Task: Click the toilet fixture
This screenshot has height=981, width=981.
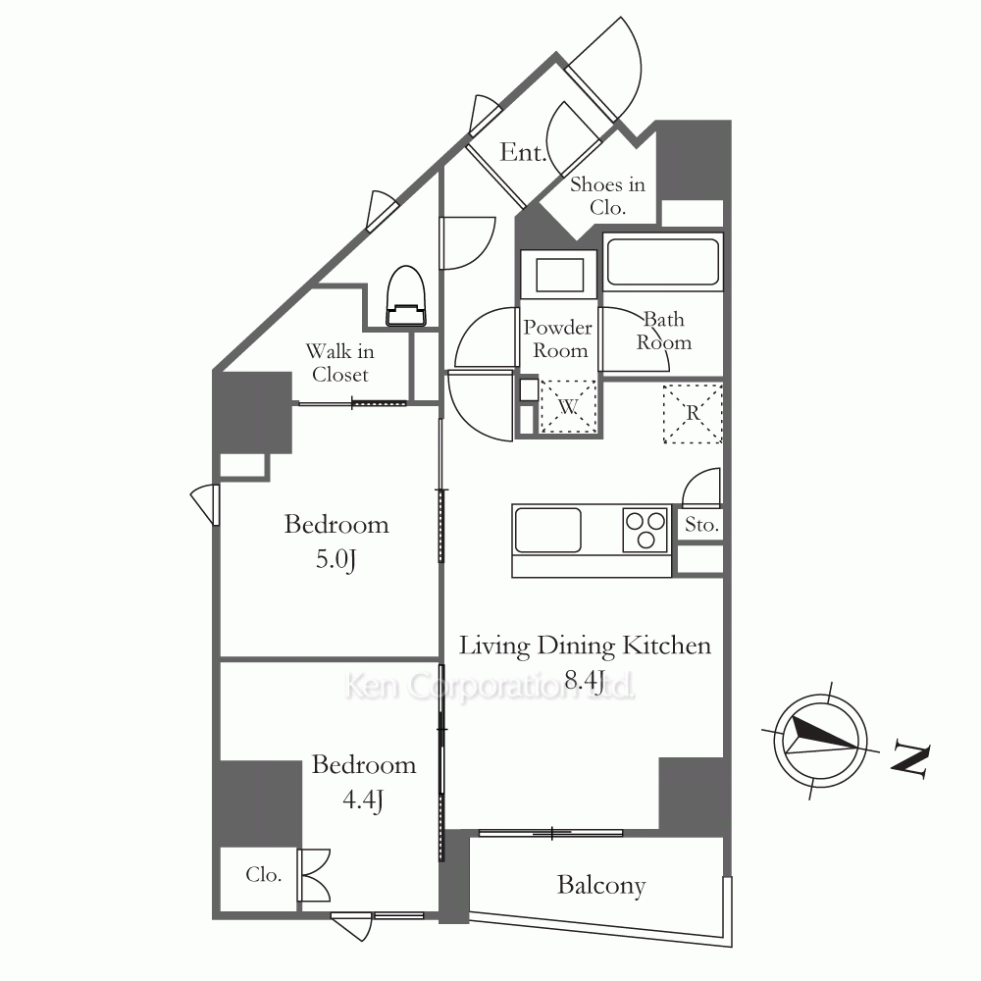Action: (x=406, y=296)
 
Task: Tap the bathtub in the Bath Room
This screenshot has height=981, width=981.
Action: (x=663, y=262)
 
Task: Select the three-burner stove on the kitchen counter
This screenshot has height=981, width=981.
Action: (x=645, y=530)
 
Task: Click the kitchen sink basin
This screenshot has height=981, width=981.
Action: (x=547, y=530)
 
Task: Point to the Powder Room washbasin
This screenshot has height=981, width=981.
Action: (x=559, y=275)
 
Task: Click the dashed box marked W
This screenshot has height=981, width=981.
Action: (x=568, y=407)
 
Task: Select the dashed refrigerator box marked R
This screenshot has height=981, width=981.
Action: (x=693, y=414)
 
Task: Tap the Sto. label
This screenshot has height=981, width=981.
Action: (x=701, y=524)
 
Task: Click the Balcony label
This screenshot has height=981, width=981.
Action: (x=601, y=886)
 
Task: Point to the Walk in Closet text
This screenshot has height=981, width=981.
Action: (x=340, y=363)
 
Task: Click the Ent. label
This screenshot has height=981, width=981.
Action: (x=523, y=152)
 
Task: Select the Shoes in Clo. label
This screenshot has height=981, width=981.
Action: (x=607, y=196)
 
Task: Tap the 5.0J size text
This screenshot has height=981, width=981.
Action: (x=336, y=559)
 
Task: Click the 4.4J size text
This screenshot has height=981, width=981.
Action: (x=363, y=800)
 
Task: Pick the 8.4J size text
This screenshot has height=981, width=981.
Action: (x=585, y=680)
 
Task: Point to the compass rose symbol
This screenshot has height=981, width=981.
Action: (x=820, y=741)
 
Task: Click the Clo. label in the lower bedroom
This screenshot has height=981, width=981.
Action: (x=263, y=874)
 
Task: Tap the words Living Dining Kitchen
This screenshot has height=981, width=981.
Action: (x=585, y=645)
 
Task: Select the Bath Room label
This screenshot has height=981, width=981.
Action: (x=664, y=331)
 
